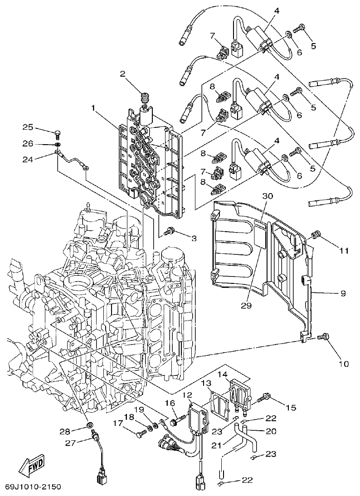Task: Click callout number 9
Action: (x=343, y=293)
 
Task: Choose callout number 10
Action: (x=343, y=363)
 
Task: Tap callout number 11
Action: (x=343, y=250)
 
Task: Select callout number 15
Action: (x=290, y=408)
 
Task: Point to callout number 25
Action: (x=29, y=126)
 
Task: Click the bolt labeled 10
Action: (x=324, y=337)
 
